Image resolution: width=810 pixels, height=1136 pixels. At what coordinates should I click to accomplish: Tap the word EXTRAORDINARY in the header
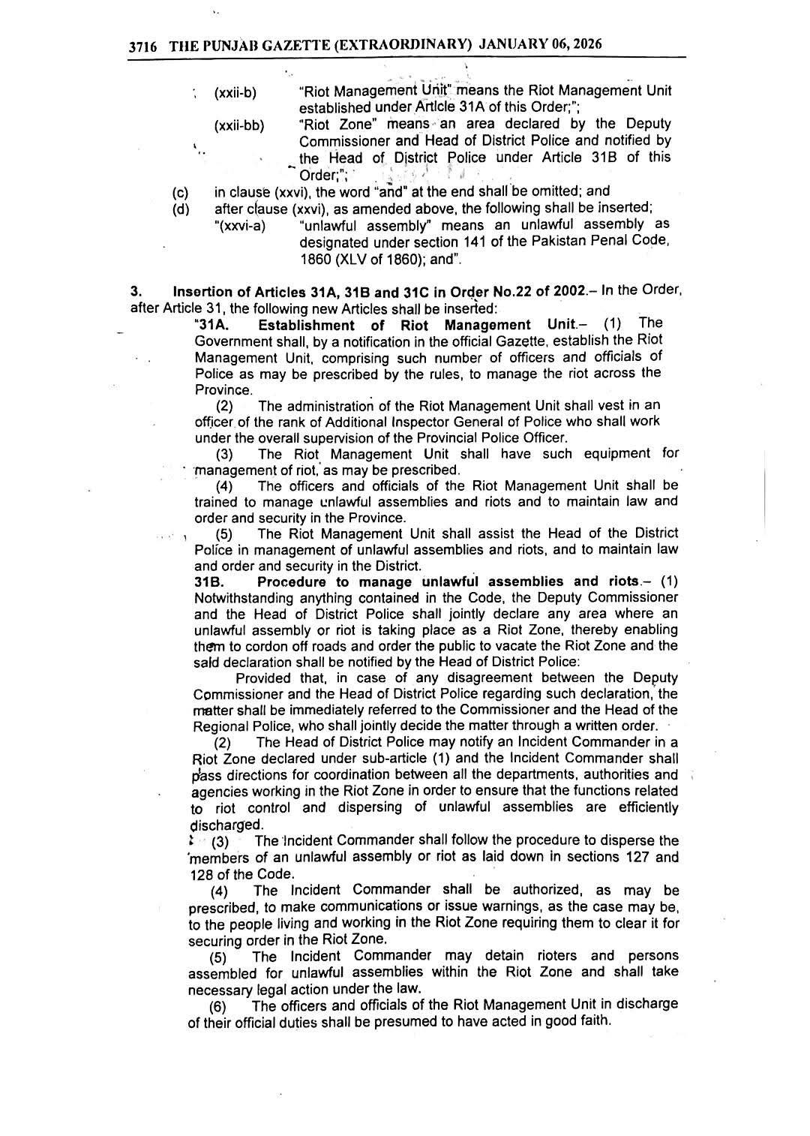403,45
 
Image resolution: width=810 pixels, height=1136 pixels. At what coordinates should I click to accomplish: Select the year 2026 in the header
586,44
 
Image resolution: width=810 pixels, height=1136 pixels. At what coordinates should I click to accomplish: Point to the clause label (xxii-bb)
239,125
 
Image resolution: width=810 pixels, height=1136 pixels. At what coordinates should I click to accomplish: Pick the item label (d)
181,209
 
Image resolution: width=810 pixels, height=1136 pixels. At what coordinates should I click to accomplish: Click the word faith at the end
594,1021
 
